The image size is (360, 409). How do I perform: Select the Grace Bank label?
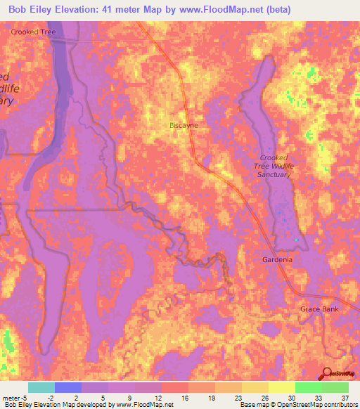(x=319, y=309)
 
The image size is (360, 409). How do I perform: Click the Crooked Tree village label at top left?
(x=33, y=32)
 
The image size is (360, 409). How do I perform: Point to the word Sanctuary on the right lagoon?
(x=274, y=174)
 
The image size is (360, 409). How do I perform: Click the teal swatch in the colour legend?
(x=41, y=387)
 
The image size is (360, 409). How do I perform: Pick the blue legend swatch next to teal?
(x=67, y=387)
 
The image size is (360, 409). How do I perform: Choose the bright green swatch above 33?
(x=308, y=387)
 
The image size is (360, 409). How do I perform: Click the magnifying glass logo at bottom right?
(x=326, y=374)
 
